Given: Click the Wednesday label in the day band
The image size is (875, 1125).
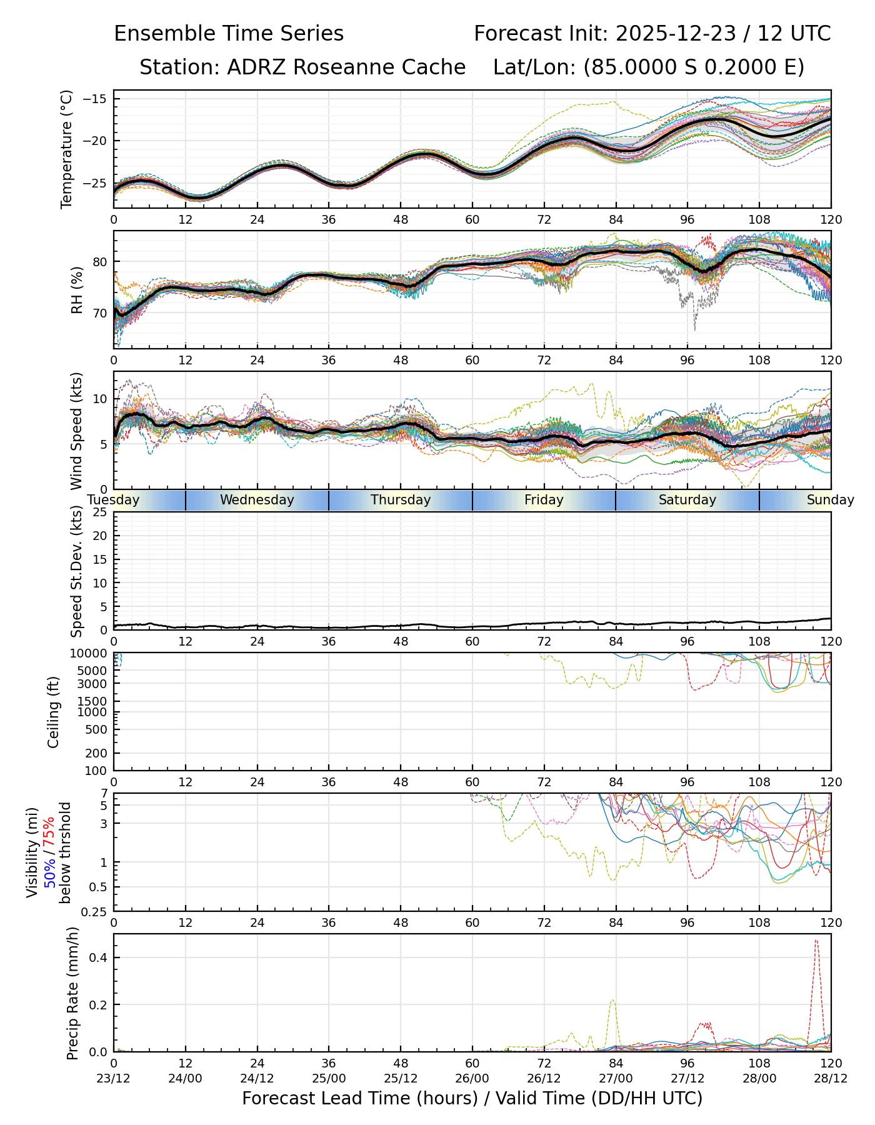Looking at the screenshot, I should click(257, 500).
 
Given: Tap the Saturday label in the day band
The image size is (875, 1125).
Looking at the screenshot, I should click(687, 500).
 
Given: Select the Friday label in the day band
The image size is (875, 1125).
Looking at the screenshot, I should click(544, 500).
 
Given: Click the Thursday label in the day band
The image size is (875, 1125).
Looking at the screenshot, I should click(401, 500).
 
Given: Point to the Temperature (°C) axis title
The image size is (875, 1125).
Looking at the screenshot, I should click(67, 149).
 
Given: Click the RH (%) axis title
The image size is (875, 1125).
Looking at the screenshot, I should click(77, 289).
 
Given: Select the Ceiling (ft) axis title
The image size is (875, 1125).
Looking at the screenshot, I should click(54, 712).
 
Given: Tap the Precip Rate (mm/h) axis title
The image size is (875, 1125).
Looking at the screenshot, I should click(72, 993).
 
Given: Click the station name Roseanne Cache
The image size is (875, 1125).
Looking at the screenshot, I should click(379, 67).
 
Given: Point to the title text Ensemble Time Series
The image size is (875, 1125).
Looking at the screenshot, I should click(229, 34).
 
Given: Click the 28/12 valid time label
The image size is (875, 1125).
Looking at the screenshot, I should click(831, 1080).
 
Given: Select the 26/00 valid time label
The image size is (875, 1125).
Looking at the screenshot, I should click(472, 1080).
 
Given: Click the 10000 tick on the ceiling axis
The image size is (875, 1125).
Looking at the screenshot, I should click(91, 654).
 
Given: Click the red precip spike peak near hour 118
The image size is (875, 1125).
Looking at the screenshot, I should click(816, 940).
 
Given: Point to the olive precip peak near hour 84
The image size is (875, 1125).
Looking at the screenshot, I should click(612, 1000).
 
